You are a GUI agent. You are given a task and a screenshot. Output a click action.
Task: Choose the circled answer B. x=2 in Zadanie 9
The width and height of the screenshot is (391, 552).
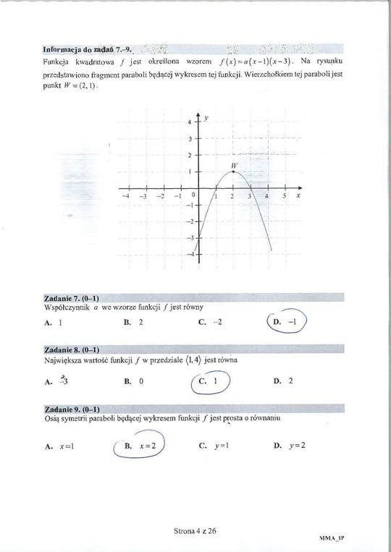tap(140, 446)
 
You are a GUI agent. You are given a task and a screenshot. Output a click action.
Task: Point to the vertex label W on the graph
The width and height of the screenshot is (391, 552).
tap(233, 166)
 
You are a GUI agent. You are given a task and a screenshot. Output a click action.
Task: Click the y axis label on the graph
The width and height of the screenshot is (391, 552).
tap(206, 116)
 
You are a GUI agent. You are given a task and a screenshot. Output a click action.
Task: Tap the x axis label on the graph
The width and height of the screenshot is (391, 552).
tap(298, 196)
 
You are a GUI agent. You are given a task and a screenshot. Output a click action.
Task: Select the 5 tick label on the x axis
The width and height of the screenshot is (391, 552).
tap(285, 197)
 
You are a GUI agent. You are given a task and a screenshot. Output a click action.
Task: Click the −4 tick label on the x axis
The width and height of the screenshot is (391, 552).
tap(126, 197)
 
